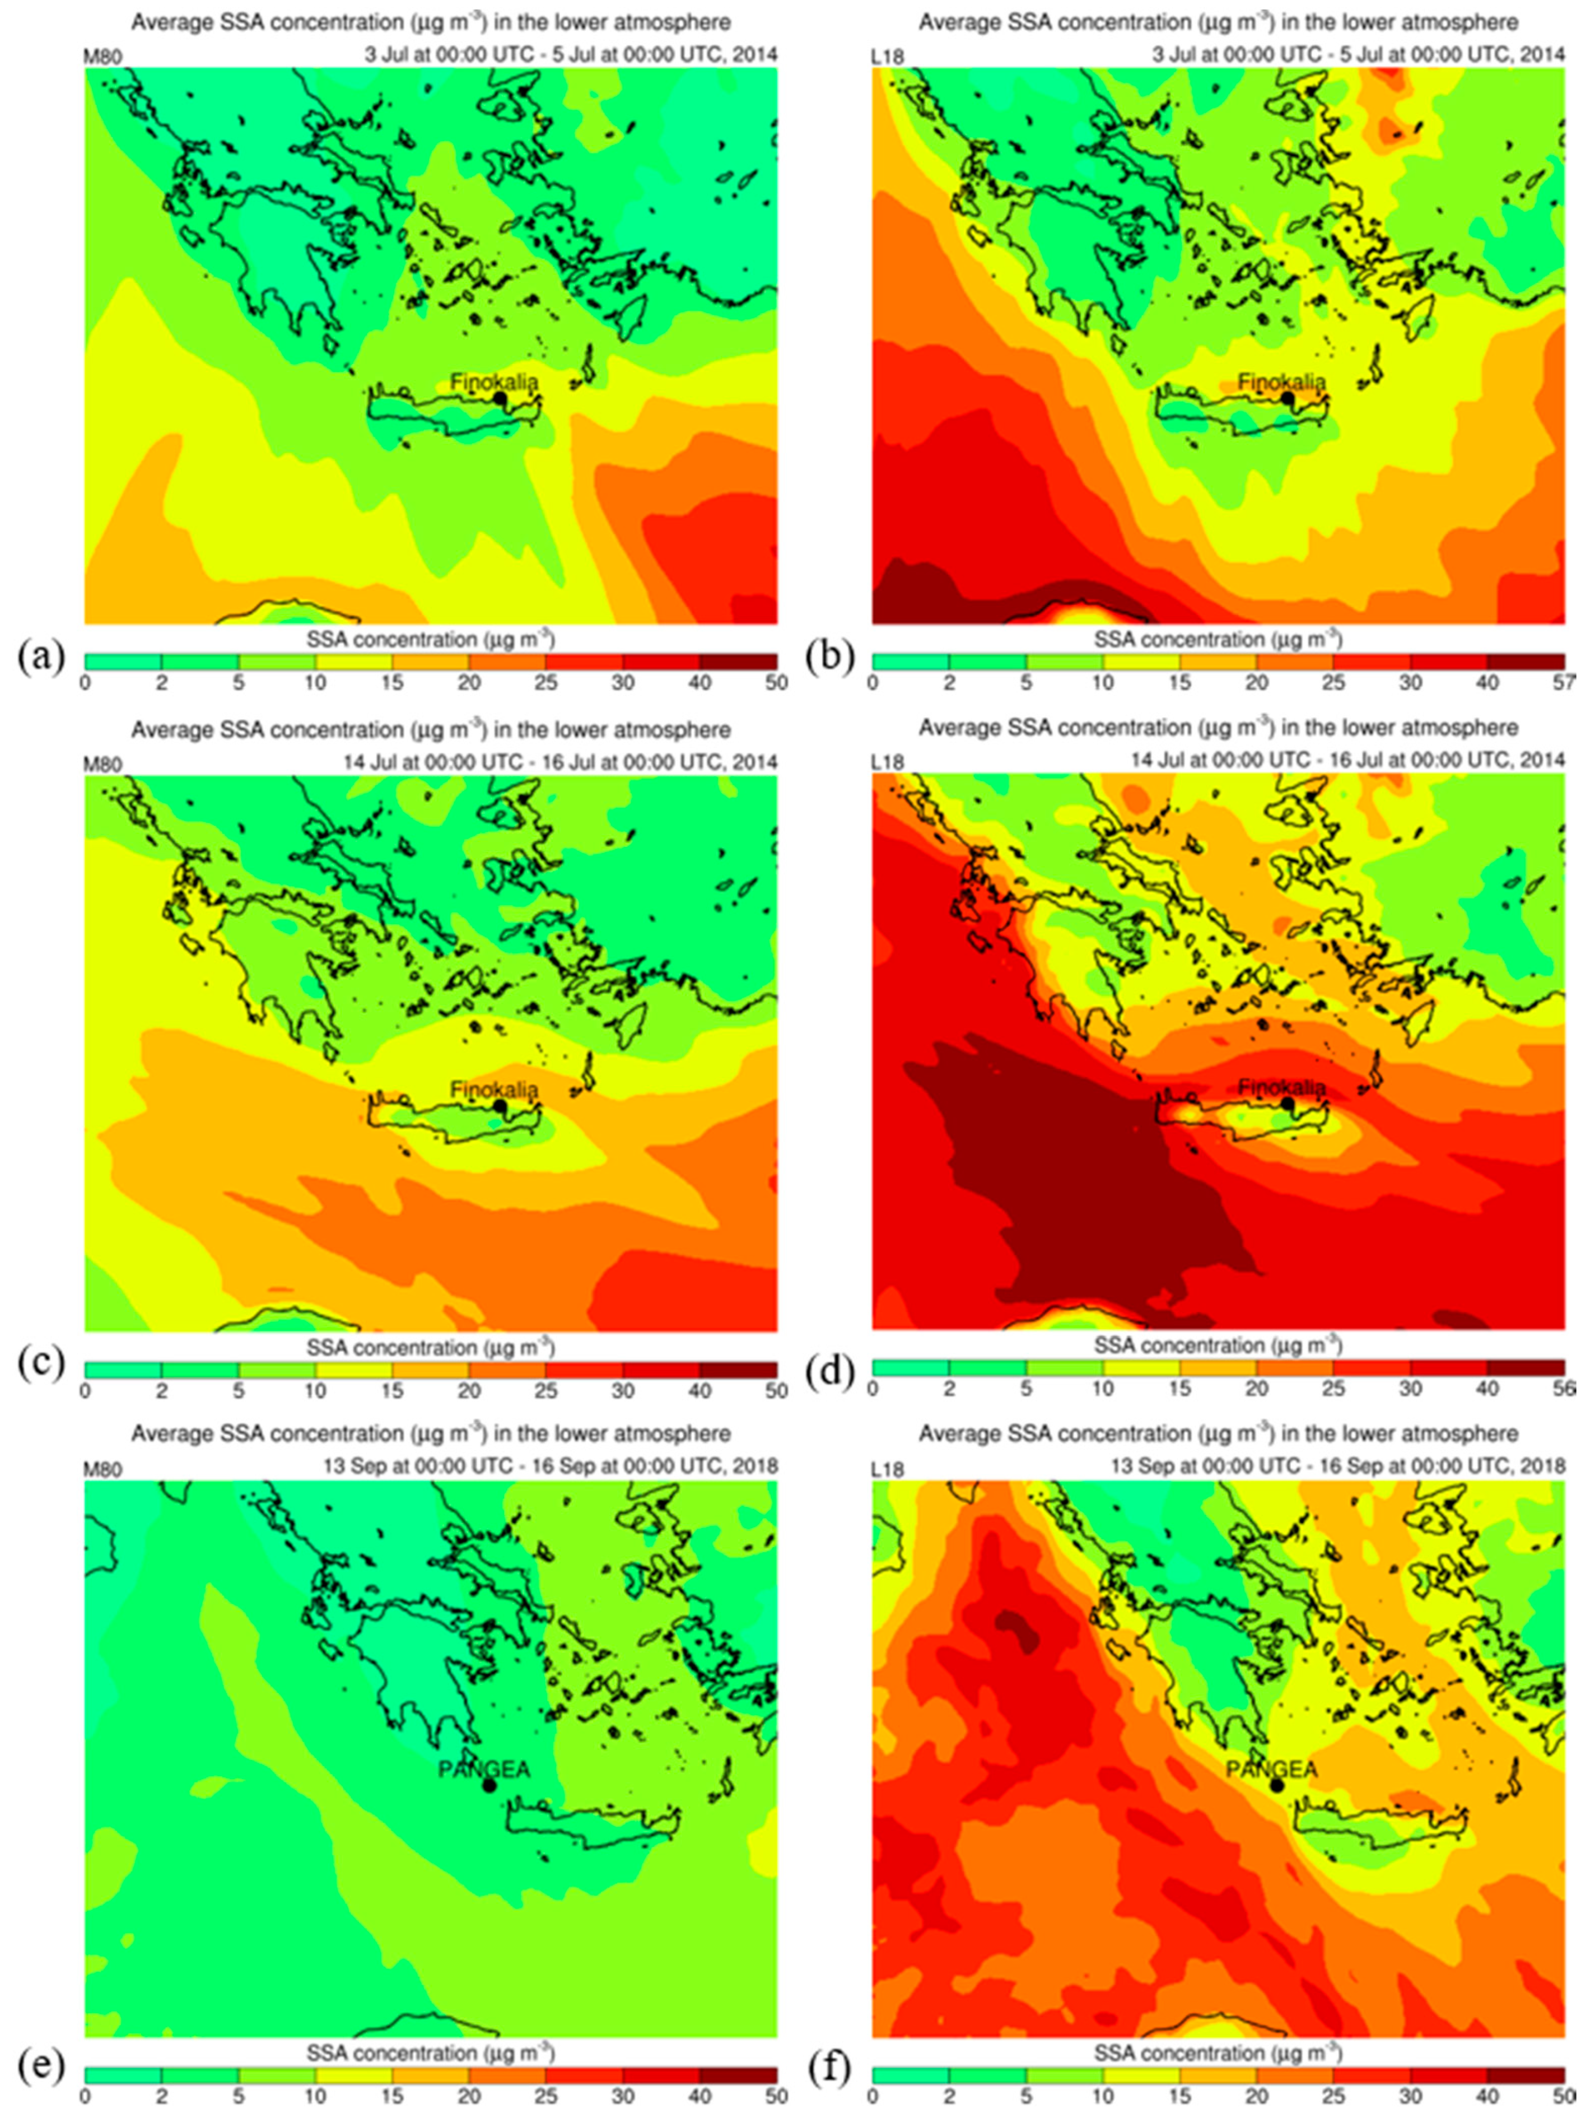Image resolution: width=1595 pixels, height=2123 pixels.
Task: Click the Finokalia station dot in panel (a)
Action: pyautogui.click(x=499, y=397)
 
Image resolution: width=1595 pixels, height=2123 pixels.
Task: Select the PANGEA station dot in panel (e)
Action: pyautogui.click(x=488, y=1785)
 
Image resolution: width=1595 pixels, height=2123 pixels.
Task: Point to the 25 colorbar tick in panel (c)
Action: pyautogui.click(x=545, y=1391)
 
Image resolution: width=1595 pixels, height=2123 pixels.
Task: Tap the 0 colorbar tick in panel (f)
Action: pyautogui.click(x=873, y=2098)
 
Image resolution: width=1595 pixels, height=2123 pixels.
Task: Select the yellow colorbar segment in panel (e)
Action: pyautogui.click(x=353, y=2074)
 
